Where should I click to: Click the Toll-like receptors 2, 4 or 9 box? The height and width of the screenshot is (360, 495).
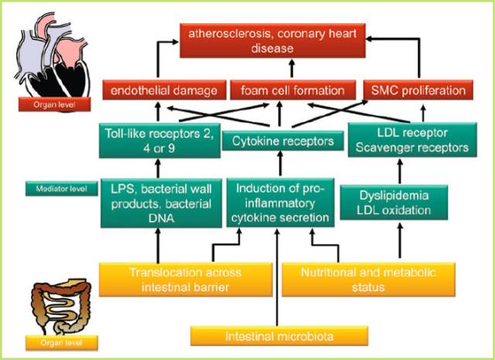click(x=156, y=140)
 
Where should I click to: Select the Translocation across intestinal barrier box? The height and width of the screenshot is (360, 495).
click(x=186, y=279)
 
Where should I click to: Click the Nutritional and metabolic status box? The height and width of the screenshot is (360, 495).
click(x=368, y=279)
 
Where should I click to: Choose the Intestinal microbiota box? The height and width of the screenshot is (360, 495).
click(x=279, y=337)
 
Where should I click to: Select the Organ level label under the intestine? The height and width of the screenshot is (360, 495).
click(x=62, y=341)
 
